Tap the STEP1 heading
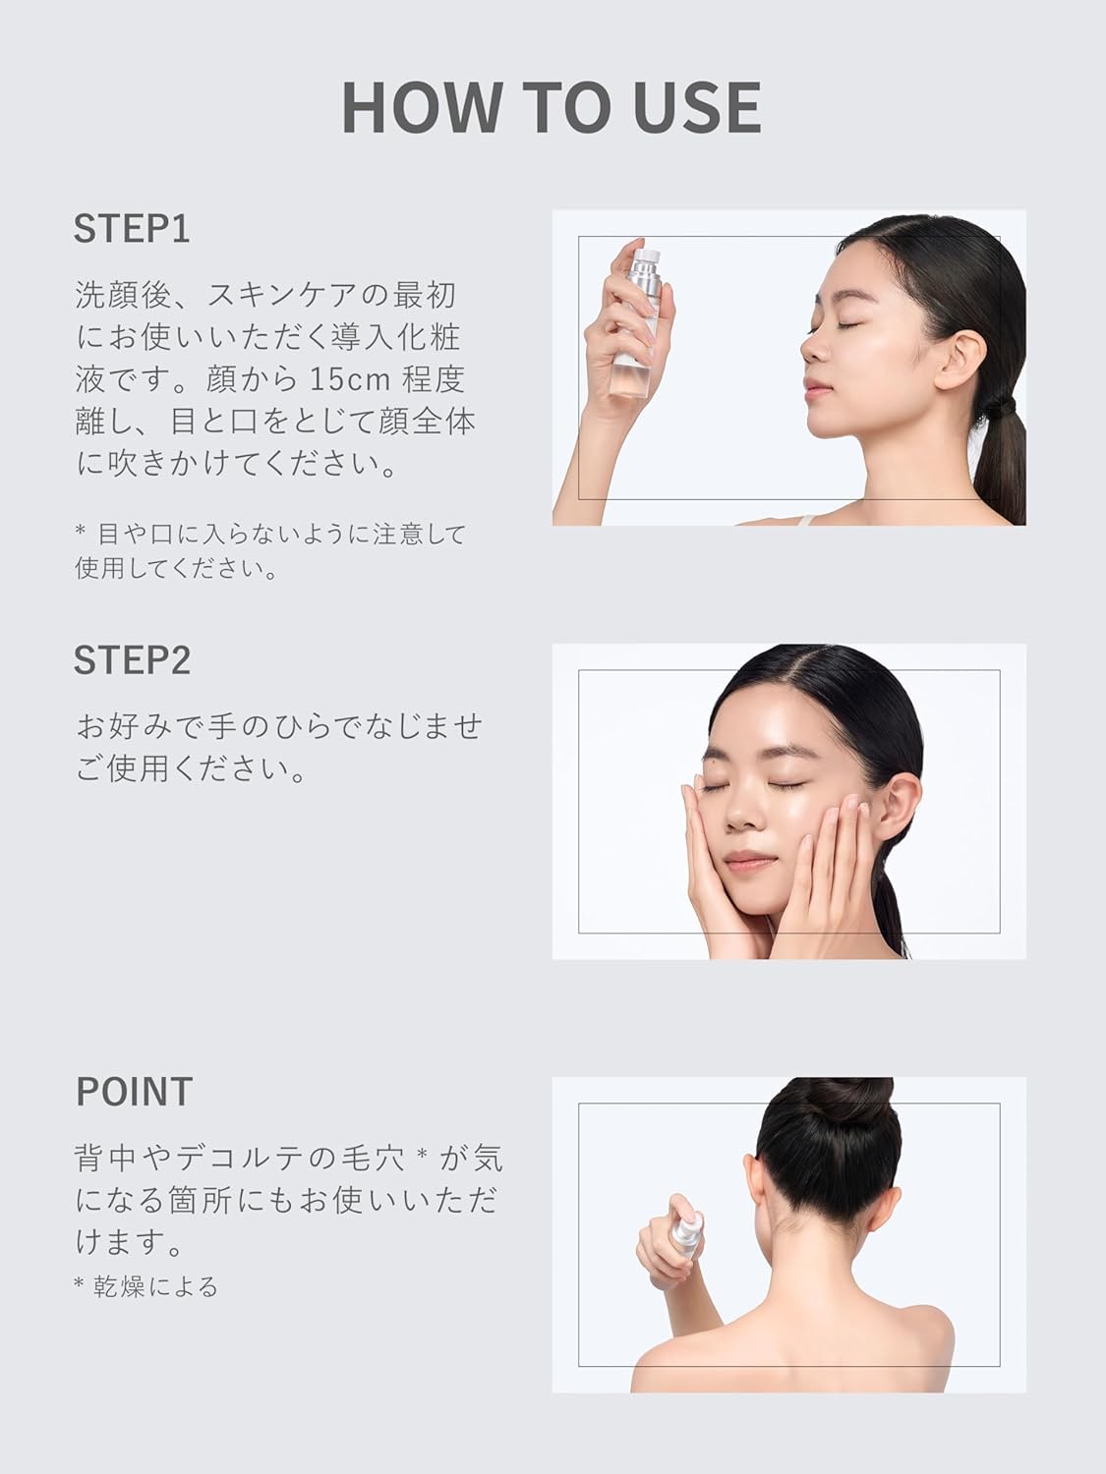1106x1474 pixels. [132, 228]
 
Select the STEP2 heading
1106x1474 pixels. [132, 660]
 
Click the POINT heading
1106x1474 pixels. [134, 1092]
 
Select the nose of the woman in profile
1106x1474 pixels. [812, 346]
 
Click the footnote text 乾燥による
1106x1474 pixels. [155, 1286]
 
